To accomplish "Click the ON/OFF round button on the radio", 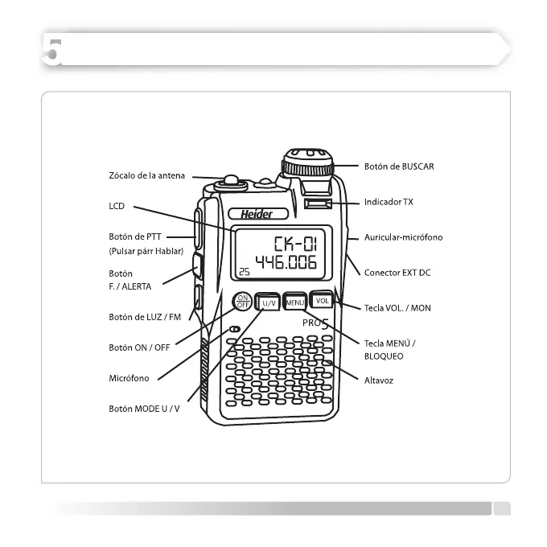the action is [x=242, y=302].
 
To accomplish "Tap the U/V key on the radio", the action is [x=267, y=302].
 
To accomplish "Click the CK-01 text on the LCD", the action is [x=294, y=242].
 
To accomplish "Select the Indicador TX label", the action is [x=389, y=202].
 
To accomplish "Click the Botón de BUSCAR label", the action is [x=399, y=166].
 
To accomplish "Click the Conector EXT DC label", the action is [x=397, y=273].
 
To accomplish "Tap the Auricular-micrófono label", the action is [x=403, y=238].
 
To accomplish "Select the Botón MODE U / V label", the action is [x=145, y=409].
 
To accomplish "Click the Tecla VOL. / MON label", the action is [x=397, y=308].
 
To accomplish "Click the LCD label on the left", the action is [x=117, y=207].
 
